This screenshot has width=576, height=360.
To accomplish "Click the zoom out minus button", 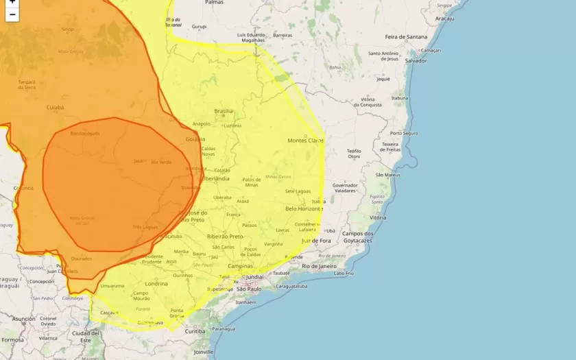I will click(x=12, y=14).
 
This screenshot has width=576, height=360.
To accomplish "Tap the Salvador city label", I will click(x=416, y=61).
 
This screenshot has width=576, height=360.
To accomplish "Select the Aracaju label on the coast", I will click(x=444, y=19).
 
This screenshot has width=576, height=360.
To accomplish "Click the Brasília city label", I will click(x=224, y=111).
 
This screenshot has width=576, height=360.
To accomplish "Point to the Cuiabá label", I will click(x=55, y=108).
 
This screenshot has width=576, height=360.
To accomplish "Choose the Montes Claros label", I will click(x=304, y=141).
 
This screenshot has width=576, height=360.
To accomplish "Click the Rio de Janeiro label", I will click(x=317, y=265).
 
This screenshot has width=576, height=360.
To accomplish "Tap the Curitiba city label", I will click(x=195, y=331).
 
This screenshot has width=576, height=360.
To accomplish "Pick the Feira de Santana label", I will click(x=405, y=36).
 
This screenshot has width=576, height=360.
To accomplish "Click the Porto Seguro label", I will click(x=404, y=133).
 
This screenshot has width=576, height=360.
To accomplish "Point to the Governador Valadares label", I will click(x=345, y=188).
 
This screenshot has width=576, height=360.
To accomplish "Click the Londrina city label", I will click(x=156, y=283).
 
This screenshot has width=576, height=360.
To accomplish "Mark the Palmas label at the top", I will click(x=214, y=3).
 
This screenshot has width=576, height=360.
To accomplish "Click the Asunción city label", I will click(x=23, y=319).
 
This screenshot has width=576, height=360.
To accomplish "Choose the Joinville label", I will click(x=204, y=352).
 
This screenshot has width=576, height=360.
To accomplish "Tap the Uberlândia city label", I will click(x=215, y=178).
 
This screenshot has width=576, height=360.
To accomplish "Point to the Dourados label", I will click(x=81, y=259).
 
